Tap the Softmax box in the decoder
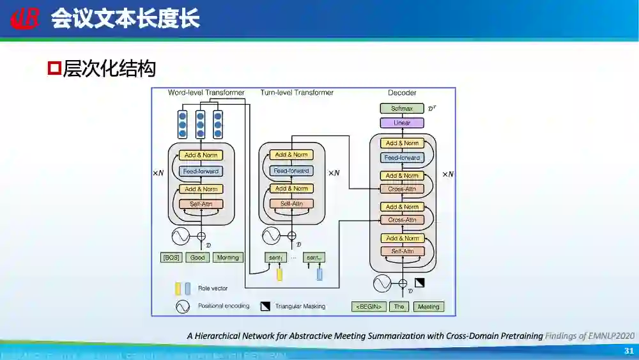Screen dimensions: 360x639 [x=402, y=109]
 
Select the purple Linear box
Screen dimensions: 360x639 [x=402, y=123]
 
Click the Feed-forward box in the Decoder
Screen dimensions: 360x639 [x=402, y=157]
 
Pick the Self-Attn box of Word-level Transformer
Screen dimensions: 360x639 [x=201, y=204]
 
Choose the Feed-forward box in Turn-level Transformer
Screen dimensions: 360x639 [x=291, y=171]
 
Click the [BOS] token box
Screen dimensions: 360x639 [x=171, y=258]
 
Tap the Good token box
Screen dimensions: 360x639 [x=198, y=258]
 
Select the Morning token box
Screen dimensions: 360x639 [x=227, y=258]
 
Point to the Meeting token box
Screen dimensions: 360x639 [x=428, y=307]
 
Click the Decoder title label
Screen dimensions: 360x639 [x=402, y=93]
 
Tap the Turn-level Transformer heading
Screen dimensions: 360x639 [x=296, y=93]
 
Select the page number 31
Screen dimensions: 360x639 [x=628, y=351]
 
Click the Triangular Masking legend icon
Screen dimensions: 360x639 [x=265, y=306]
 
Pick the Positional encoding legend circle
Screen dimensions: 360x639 [x=183, y=306]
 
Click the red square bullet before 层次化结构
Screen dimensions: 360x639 [x=54, y=67]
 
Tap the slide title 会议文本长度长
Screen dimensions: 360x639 [x=125, y=19]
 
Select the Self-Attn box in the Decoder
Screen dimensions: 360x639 [x=402, y=251]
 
